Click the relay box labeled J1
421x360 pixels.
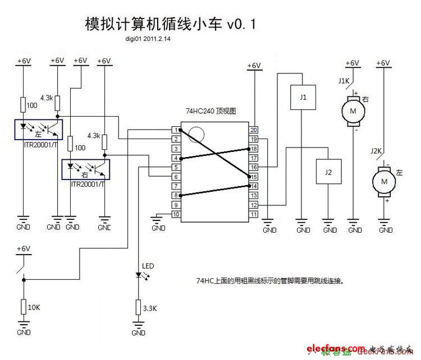coord(303,97)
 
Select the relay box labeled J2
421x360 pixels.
coord(328,173)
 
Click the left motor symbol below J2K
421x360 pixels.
coord(385,181)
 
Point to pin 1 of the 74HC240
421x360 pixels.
coord(176,130)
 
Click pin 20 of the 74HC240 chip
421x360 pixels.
coord(254,130)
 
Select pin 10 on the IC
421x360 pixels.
coord(176,214)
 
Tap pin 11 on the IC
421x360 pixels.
coord(254,214)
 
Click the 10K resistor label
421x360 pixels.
coord(34,307)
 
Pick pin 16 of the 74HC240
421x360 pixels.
coord(254,167)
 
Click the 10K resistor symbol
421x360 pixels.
coord(23,307)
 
